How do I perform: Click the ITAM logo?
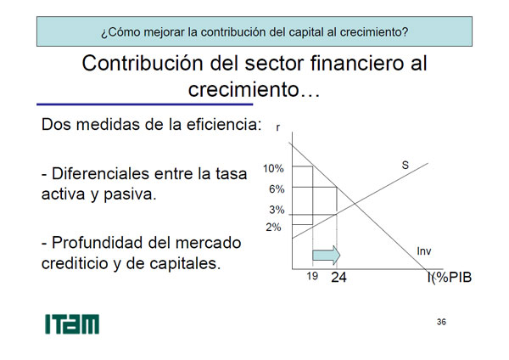(x=72, y=324)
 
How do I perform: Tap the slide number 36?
(x=441, y=322)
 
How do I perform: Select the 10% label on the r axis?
(x=273, y=169)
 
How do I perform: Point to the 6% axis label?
(x=277, y=189)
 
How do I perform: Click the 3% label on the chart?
(x=277, y=210)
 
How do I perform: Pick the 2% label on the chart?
(x=273, y=227)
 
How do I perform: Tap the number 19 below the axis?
(x=312, y=276)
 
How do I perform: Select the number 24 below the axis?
(x=338, y=278)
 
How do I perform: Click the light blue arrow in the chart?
(x=327, y=256)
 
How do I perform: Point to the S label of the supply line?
(x=406, y=165)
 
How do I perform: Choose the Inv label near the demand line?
(x=424, y=251)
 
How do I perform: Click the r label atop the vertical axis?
(x=278, y=127)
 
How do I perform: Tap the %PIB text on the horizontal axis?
(x=453, y=278)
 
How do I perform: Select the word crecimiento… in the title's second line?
(x=255, y=89)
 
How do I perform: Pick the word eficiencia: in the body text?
(x=224, y=125)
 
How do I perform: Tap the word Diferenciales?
(x=101, y=173)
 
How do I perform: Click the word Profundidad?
(x=98, y=243)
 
